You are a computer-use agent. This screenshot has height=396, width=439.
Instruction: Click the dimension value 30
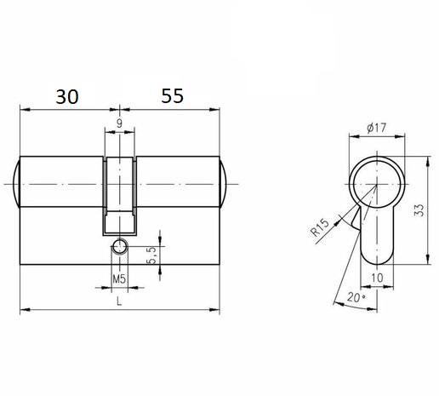(x=67, y=96)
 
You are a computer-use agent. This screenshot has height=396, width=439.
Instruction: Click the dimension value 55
(x=173, y=95)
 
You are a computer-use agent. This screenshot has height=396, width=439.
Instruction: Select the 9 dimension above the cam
(x=120, y=123)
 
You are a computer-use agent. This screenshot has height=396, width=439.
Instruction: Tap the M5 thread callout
(x=119, y=279)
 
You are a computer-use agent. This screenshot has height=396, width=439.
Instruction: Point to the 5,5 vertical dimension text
(x=152, y=255)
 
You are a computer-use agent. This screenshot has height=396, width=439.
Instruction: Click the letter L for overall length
(x=119, y=301)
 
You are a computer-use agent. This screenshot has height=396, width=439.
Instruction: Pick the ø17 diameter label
(x=377, y=128)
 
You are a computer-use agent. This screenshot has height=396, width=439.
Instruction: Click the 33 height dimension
(x=419, y=210)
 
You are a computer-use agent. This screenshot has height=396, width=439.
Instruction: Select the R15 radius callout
(x=320, y=227)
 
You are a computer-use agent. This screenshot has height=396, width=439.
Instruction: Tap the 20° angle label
(x=356, y=297)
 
